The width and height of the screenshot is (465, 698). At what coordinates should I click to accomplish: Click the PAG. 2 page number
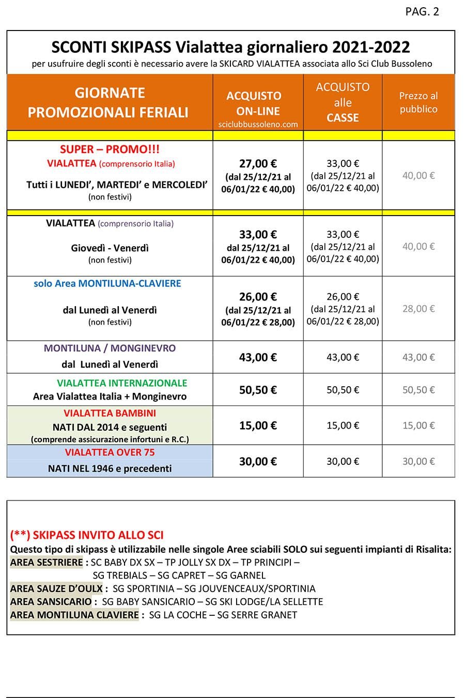[422, 12]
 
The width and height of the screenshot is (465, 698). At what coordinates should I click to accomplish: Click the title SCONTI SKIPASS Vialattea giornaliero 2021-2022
[230, 48]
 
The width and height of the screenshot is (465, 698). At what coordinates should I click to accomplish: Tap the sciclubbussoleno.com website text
[258, 124]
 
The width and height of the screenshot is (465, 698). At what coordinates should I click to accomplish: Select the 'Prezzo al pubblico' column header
[418, 102]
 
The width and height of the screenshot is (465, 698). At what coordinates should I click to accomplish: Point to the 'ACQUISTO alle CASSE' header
[343, 102]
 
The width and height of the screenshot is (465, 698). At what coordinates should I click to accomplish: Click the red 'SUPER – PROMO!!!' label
[110, 149]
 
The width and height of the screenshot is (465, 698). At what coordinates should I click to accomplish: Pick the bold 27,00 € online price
[258, 164]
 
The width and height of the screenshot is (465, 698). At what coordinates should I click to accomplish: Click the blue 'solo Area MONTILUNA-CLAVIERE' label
[107, 284]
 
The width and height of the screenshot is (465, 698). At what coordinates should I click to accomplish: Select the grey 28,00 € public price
[419, 309]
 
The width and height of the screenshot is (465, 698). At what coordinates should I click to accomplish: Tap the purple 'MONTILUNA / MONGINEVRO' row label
[110, 348]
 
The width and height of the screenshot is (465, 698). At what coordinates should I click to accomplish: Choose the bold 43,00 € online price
[258, 357]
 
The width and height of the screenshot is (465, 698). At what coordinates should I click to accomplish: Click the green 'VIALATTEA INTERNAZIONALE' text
[122, 383]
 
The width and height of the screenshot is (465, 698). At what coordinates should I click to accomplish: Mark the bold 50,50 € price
[258, 390]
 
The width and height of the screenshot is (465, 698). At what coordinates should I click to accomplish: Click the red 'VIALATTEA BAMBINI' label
[110, 413]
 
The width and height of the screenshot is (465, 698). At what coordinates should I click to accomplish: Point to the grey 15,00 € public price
[419, 426]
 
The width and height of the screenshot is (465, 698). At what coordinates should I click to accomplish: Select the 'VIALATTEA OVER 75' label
[110, 452]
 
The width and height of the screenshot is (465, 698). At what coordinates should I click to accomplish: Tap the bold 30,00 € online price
[258, 461]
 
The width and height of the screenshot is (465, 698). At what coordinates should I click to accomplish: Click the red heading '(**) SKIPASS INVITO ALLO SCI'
[87, 535]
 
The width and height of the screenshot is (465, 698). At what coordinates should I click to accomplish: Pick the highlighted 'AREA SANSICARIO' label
[51, 602]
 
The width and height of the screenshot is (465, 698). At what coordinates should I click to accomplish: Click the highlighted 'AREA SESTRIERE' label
[47, 562]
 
